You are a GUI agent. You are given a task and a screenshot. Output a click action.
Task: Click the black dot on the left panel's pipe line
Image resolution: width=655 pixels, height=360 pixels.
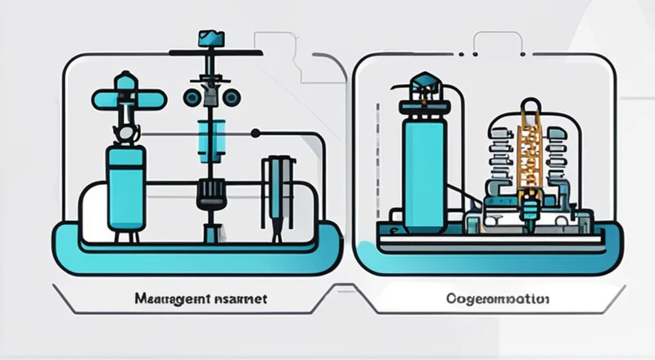(255, 133)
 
